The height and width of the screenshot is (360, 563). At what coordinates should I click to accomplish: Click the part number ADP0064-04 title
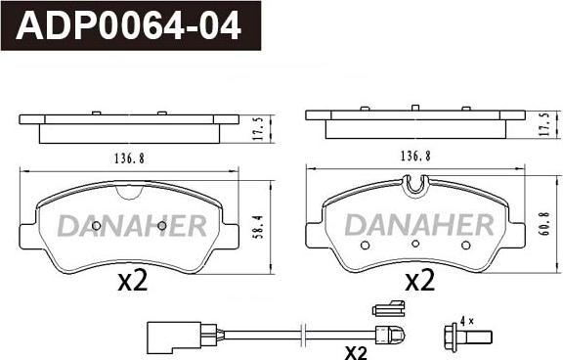pos(128,25)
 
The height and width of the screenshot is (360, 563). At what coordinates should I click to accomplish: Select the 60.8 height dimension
pos(545,223)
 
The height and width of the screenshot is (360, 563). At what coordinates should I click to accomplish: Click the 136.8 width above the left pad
pos(129,158)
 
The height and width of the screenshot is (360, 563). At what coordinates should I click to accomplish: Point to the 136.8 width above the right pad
pos(415,156)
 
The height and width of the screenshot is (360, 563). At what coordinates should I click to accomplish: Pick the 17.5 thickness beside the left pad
pos(260,128)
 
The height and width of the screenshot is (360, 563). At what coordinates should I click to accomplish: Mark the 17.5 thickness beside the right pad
pos(545,124)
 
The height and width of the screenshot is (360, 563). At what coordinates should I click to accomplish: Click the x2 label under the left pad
pos(133,281)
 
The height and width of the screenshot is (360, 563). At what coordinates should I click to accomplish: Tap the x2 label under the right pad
pos(419,280)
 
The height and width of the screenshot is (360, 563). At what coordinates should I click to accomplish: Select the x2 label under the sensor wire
pos(356,353)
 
